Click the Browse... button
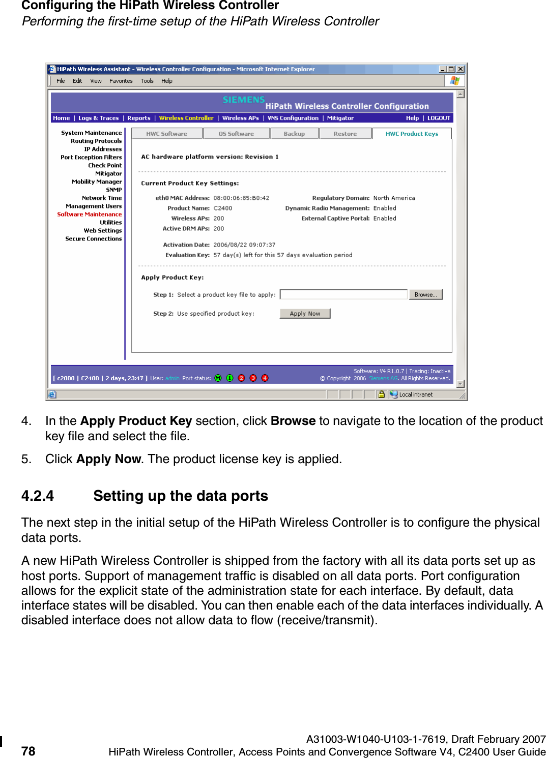[x=425, y=295]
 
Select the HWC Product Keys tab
[x=412, y=134]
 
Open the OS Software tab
[x=236, y=134]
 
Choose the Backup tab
[x=294, y=134]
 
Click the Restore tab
[x=345, y=134]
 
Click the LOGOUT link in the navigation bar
[x=439, y=118]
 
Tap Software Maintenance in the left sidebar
[x=90, y=215]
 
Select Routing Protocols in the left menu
[x=96, y=141]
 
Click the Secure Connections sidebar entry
[x=94, y=239]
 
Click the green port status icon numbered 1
[x=229, y=378]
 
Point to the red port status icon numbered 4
[x=265, y=378]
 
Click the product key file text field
[x=343, y=295]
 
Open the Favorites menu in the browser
[x=121, y=81]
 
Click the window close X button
[x=461, y=69]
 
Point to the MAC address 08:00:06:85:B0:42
[x=241, y=198]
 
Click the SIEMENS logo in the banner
[x=244, y=100]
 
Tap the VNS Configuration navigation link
[x=293, y=118]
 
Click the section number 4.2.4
[x=38, y=496]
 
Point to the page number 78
[x=28, y=751]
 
